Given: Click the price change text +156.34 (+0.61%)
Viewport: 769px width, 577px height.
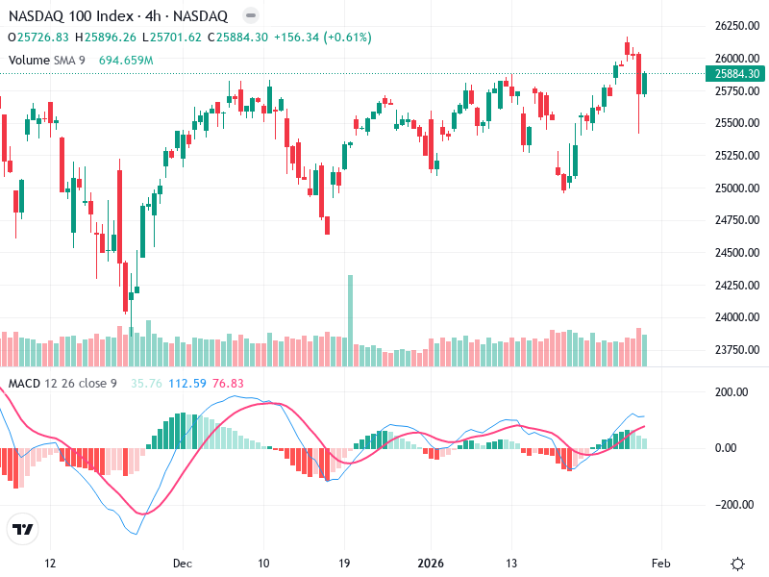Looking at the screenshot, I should [322, 38].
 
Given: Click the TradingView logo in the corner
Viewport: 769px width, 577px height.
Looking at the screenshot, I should [22, 529].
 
